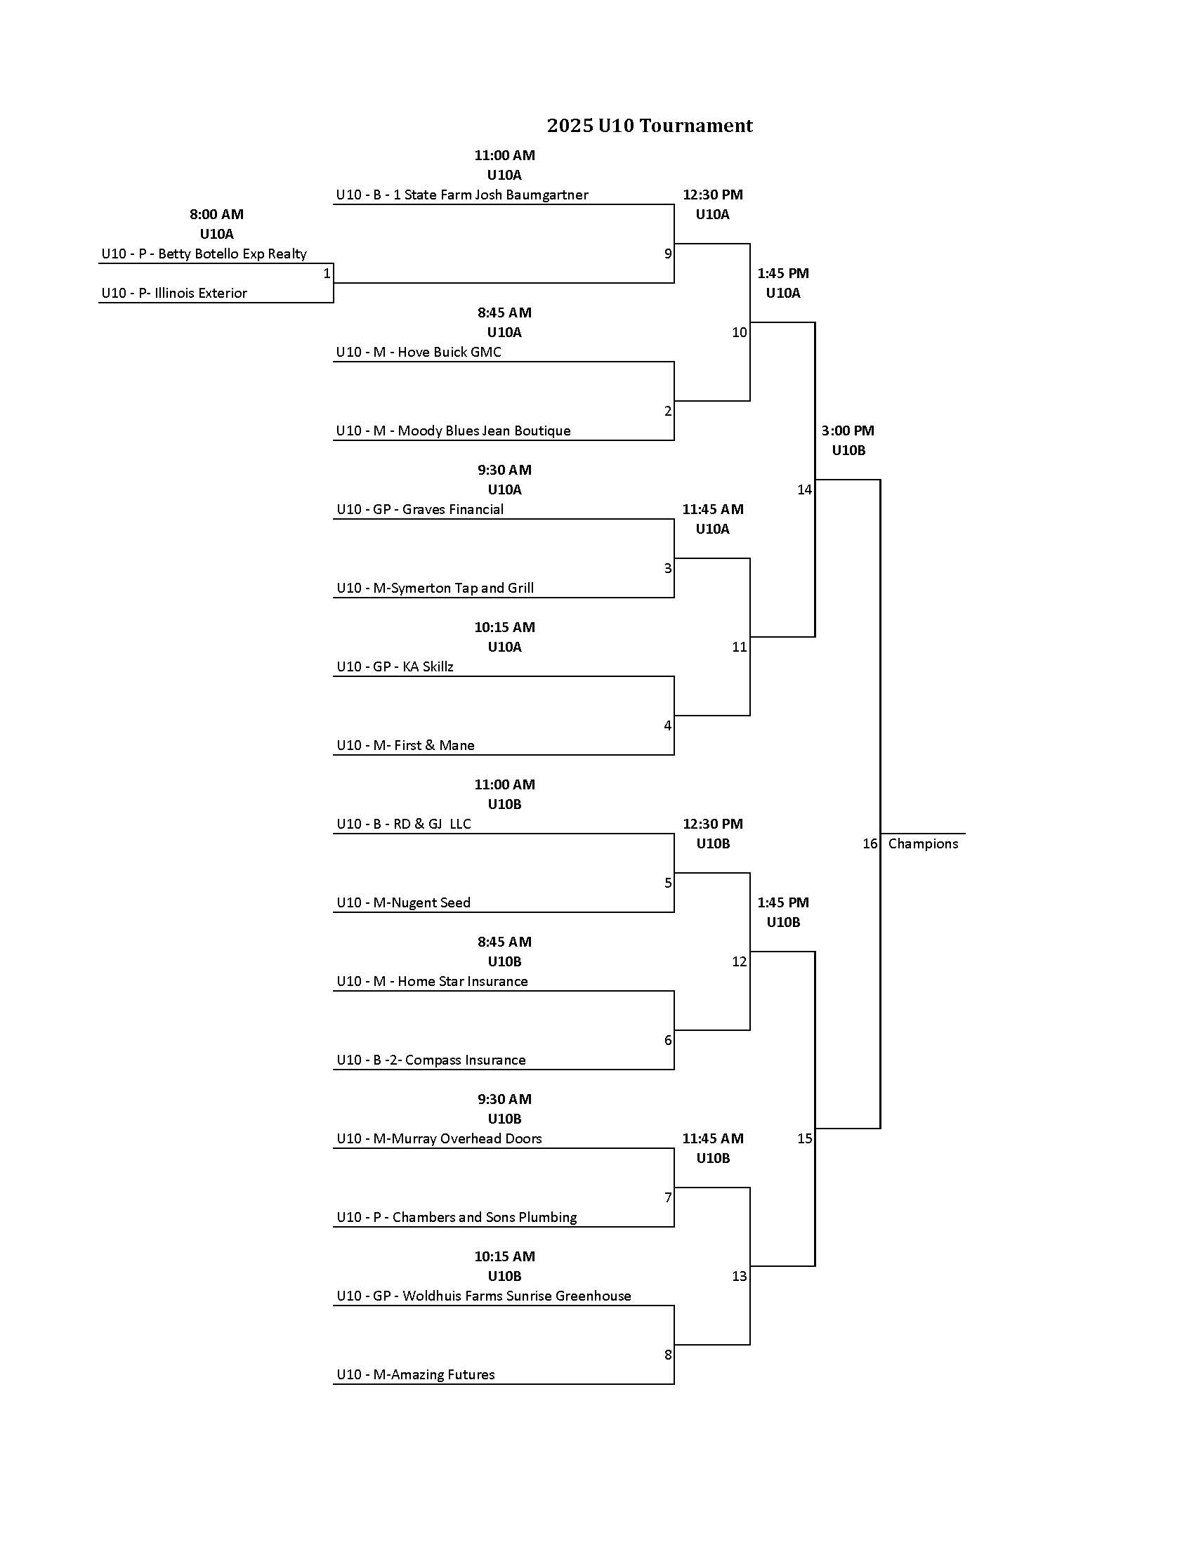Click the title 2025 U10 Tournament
click(650, 126)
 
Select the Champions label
click(922, 843)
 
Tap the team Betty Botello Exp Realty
click(204, 254)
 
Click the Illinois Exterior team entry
click(174, 293)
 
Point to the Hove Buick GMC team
click(419, 353)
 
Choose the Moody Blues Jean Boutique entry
click(454, 430)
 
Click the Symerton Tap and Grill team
click(435, 588)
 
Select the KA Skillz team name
click(395, 666)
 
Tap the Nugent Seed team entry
click(403, 902)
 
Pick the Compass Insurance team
click(431, 1060)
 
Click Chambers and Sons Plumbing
click(457, 1217)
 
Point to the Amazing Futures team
click(415, 1374)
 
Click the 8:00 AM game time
click(216, 214)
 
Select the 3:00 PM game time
click(848, 430)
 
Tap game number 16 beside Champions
click(870, 843)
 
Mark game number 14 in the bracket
click(804, 489)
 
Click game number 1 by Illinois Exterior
click(327, 274)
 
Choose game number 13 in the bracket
click(739, 1276)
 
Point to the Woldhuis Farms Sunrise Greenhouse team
click(484, 1296)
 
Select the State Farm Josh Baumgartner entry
click(462, 195)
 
